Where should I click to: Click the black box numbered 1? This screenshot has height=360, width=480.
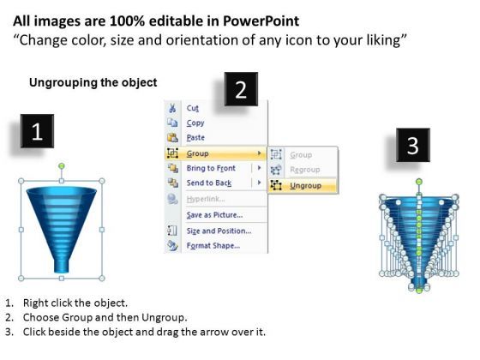pyautogui.click(x=37, y=131)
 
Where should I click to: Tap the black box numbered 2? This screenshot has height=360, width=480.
pyautogui.click(x=241, y=89)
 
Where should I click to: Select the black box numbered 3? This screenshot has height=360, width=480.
pyautogui.click(x=412, y=145)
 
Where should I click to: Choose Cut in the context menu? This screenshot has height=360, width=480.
pyautogui.click(x=193, y=108)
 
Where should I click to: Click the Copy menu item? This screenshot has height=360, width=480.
pyautogui.click(x=195, y=123)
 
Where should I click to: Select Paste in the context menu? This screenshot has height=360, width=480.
pyautogui.click(x=195, y=137)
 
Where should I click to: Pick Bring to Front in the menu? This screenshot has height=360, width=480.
pyautogui.click(x=211, y=168)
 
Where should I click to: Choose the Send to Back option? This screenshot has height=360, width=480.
pyautogui.click(x=209, y=183)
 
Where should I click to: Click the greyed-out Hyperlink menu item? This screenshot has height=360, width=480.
pyautogui.click(x=206, y=199)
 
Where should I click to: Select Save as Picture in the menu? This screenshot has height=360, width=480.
pyautogui.click(x=214, y=215)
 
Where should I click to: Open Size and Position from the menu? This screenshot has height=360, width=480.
pyautogui.click(x=219, y=231)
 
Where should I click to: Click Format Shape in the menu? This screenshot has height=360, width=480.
pyautogui.click(x=213, y=245)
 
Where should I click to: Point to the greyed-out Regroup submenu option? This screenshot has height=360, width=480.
pyautogui.click(x=305, y=170)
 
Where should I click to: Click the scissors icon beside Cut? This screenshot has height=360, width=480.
pyautogui.click(x=172, y=108)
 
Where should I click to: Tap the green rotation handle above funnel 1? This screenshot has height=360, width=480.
pyautogui.click(x=62, y=166)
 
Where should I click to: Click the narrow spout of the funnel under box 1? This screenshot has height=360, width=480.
pyautogui.click(x=62, y=266)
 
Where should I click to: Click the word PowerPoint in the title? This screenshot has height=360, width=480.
pyautogui.click(x=261, y=21)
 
